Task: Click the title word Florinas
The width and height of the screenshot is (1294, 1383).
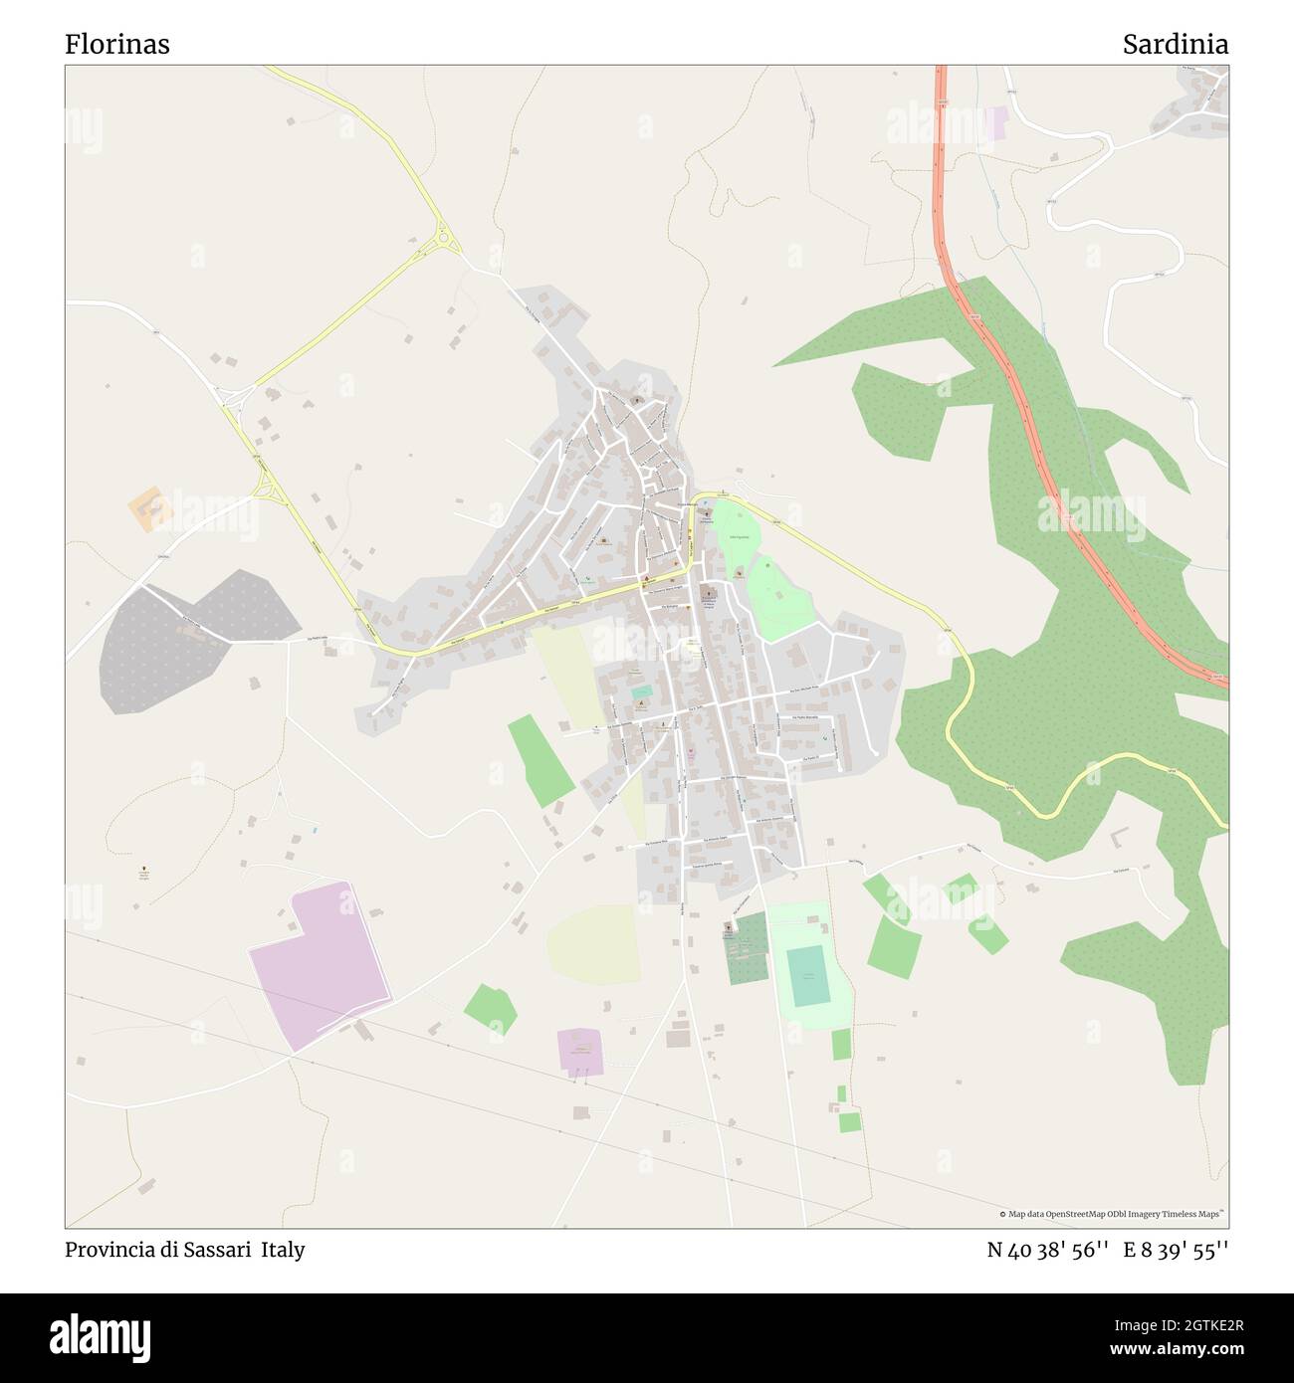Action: coord(117,45)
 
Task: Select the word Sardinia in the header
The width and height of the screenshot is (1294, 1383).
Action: coord(1175,45)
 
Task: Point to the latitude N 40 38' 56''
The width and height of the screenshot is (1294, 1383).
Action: coord(1047,1250)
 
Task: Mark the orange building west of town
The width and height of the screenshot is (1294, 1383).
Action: coord(150,508)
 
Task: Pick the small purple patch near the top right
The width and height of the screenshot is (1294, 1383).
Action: coord(996,123)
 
